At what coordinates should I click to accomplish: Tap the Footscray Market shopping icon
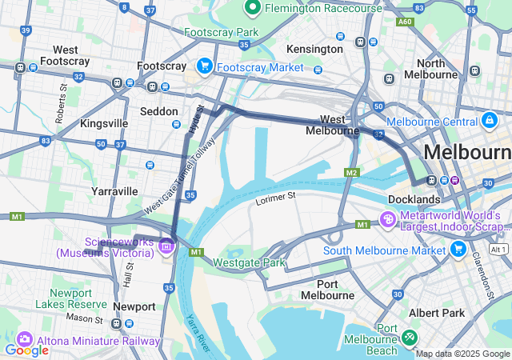205,66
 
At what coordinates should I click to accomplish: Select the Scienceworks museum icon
166,246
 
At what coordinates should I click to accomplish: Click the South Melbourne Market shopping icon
458,250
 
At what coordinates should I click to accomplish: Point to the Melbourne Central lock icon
490,121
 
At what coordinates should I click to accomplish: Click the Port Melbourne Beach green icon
410,338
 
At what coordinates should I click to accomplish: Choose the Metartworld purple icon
387,218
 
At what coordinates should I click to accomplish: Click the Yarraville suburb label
114,191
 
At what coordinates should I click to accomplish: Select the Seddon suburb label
158,111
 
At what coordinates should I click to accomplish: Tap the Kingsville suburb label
104,123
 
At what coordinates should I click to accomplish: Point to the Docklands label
414,198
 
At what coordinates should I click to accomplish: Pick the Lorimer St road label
276,195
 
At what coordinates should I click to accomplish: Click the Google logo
26,350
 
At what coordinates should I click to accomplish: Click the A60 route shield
406,22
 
